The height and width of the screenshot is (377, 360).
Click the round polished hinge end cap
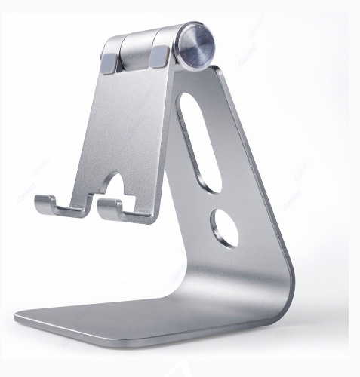195,48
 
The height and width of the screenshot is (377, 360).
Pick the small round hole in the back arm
224,228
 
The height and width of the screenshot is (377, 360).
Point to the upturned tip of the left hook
38,201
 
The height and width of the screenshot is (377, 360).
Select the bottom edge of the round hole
227,245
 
